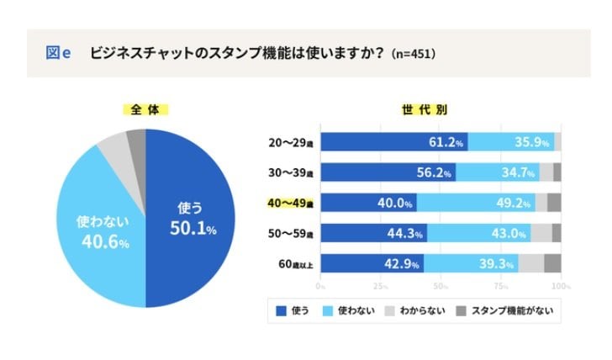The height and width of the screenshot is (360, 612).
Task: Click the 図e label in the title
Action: [x=57, y=53]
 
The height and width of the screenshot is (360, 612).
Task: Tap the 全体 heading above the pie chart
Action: [x=145, y=109]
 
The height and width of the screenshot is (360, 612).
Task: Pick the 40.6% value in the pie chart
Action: [x=103, y=233]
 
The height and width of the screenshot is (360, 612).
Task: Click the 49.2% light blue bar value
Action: [x=513, y=203]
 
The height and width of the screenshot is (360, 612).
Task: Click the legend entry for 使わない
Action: [x=350, y=310]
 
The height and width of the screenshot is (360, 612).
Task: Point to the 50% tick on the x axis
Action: [x=441, y=286]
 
